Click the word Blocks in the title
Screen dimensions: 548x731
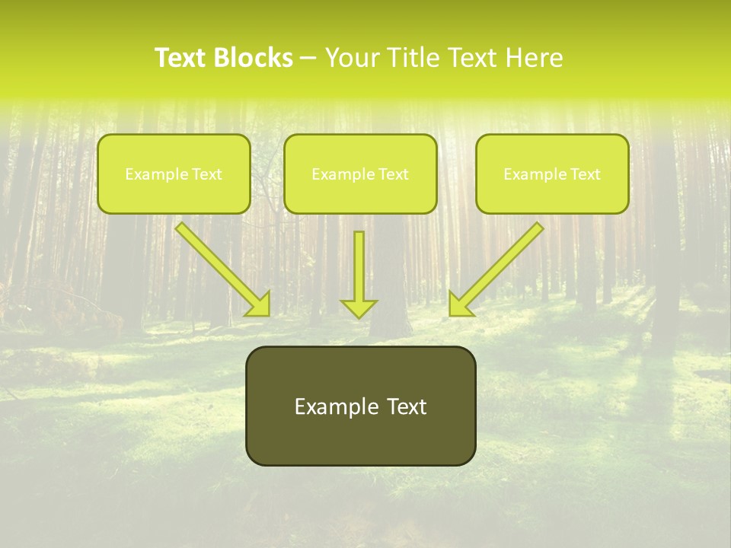pyautogui.click(x=254, y=58)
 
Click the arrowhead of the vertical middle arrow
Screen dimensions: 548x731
pyautogui.click(x=359, y=307)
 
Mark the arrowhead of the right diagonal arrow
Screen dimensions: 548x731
pyautogui.click(x=459, y=304)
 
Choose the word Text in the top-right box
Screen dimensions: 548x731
pyautogui.click(x=585, y=174)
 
